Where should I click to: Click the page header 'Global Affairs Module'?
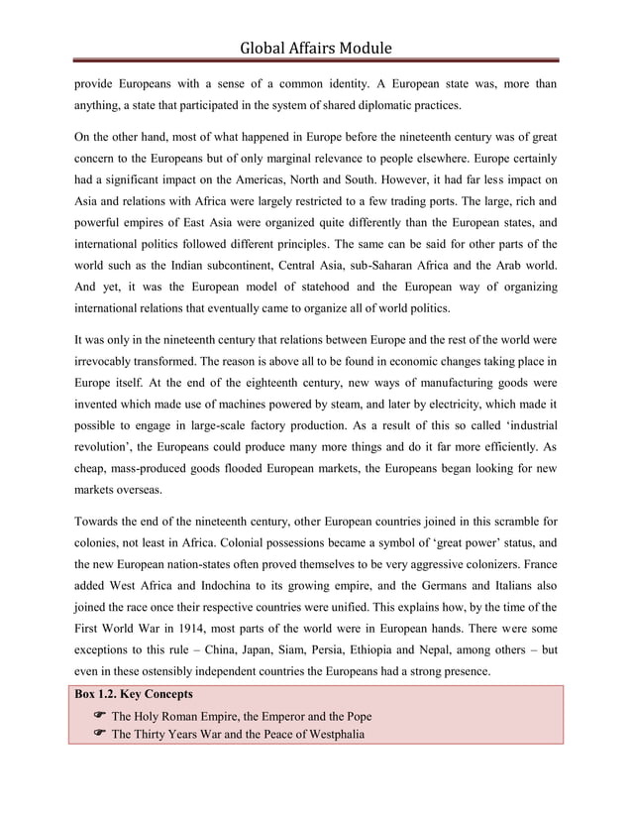[316, 47]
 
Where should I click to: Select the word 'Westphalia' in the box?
[330, 734]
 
